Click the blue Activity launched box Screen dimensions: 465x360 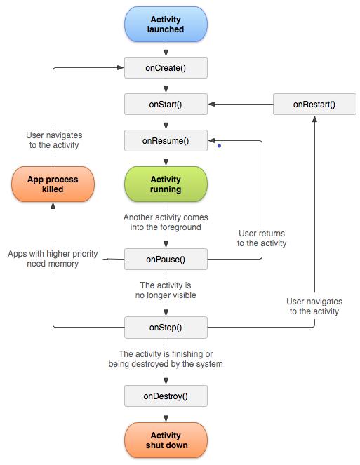point(166,25)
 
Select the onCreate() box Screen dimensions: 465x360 point(166,68)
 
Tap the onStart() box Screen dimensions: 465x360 point(166,105)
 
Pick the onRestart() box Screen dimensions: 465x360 point(314,105)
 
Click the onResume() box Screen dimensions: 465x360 point(166,141)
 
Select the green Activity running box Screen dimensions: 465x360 point(166,184)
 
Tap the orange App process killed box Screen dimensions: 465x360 point(53,184)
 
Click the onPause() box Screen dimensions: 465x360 point(166,259)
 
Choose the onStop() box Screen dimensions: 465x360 point(166,327)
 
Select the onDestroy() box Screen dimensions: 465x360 point(166,396)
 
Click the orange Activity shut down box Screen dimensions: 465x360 point(166,440)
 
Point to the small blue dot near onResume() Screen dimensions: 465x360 point(219,147)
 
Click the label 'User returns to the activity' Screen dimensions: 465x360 point(262,238)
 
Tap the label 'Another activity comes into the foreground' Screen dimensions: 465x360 point(166,222)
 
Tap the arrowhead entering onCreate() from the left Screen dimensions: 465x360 point(120,68)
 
